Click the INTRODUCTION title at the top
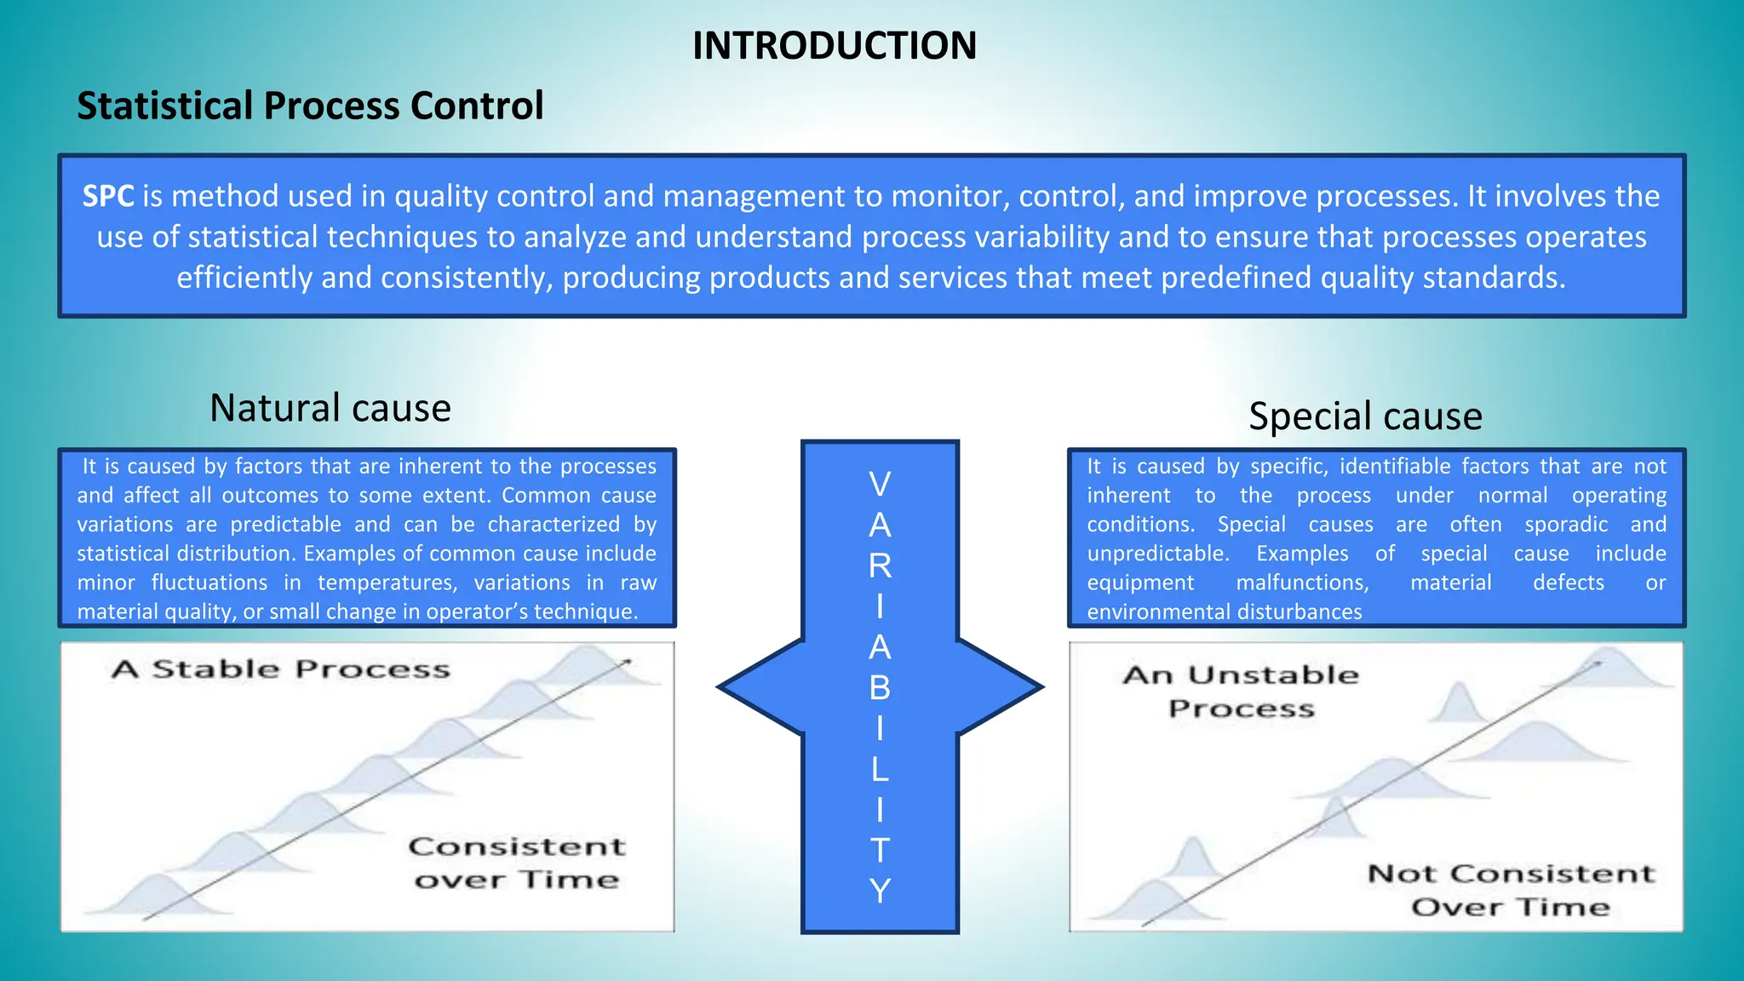pyautogui.click(x=834, y=46)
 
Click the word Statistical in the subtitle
pyautogui.click(x=166, y=106)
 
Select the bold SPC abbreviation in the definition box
pyautogui.click(x=107, y=197)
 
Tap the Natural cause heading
pyautogui.click(x=330, y=408)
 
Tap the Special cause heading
pyautogui.click(x=1364, y=416)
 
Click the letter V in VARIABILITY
pyautogui.click(x=880, y=485)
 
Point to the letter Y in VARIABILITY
pyautogui.click(x=880, y=891)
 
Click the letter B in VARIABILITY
pyautogui.click(x=880, y=688)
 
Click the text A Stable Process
pyautogui.click(x=280, y=669)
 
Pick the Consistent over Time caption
pyautogui.click(x=516, y=863)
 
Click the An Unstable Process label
pyautogui.click(x=1241, y=691)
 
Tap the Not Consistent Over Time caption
pyautogui.click(x=1511, y=890)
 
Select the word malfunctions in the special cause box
pyautogui.click(x=1302, y=583)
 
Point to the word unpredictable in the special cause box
pyautogui.click(x=1157, y=554)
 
